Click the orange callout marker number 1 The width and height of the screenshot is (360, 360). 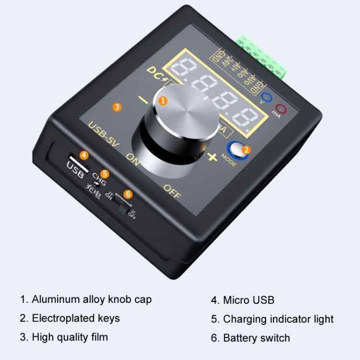(163, 100)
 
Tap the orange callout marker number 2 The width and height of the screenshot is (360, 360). (246, 150)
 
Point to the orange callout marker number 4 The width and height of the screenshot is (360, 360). (84, 155)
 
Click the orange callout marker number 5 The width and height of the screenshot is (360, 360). (105, 174)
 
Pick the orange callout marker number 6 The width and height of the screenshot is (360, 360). (128, 194)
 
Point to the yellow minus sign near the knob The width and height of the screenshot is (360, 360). (143, 100)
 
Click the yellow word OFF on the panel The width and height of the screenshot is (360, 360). (173, 188)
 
